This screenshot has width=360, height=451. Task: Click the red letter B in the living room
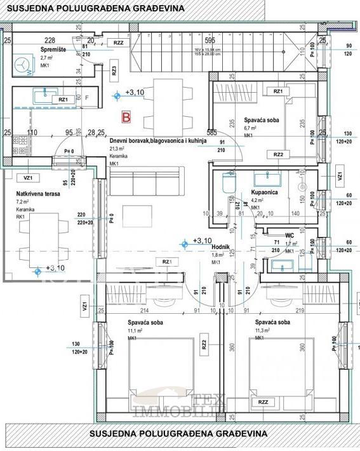(126, 117)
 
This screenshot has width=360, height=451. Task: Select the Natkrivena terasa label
(37, 193)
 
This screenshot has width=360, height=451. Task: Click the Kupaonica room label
(263, 192)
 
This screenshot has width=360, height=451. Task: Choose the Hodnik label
(220, 246)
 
